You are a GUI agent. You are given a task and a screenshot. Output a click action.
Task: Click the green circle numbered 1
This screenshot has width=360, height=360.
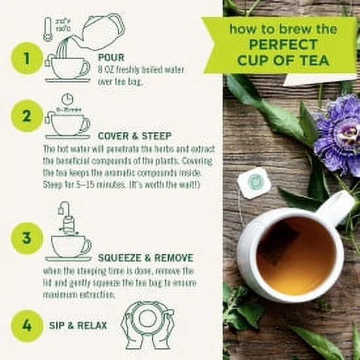click(x=27, y=58)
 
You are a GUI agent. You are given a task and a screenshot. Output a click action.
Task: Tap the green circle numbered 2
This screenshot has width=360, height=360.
click(x=27, y=117)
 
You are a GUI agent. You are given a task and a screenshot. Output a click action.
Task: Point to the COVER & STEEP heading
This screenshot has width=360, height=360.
click(x=134, y=135)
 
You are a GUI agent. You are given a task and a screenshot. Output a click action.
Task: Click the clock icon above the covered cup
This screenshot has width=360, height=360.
click(x=67, y=99)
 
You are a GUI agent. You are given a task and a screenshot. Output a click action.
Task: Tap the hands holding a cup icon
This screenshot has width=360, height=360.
click(x=148, y=325)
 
